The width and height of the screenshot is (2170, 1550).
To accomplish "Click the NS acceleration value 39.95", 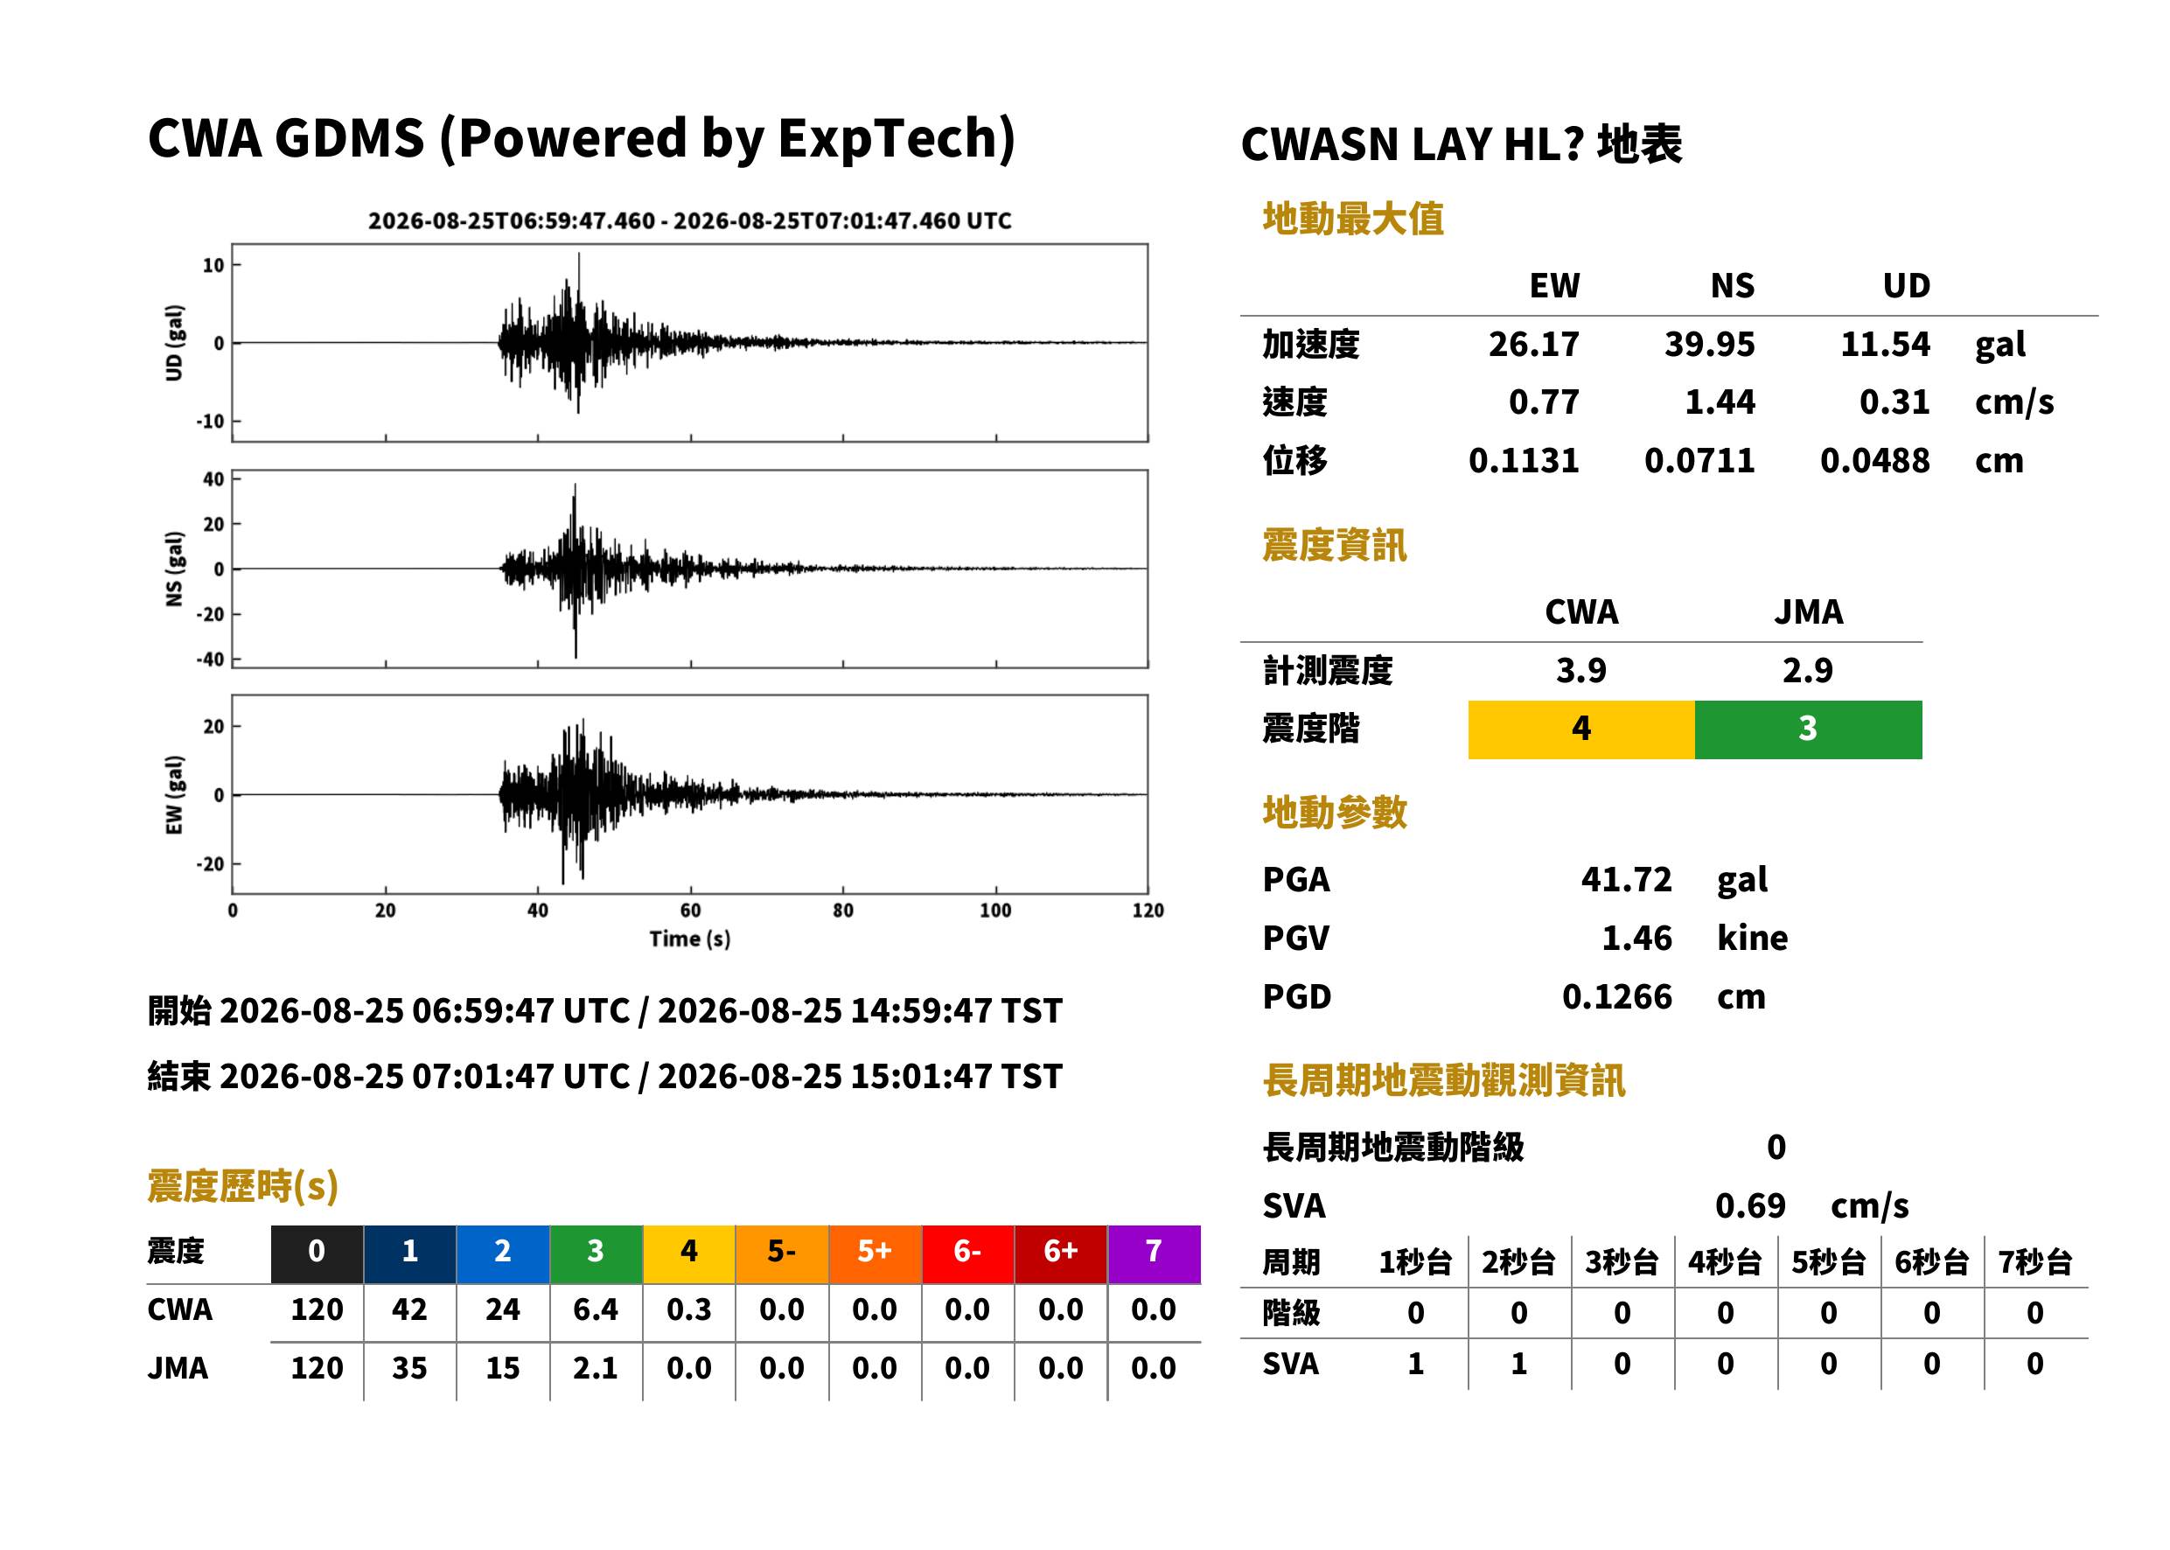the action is [1709, 345].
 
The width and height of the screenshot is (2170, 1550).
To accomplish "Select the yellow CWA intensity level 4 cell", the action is [1581, 730].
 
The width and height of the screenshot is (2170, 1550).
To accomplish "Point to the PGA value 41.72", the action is [1626, 879].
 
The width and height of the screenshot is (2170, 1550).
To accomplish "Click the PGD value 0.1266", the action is [1616, 996].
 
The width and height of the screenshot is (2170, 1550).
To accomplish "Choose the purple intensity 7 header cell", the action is [1154, 1253].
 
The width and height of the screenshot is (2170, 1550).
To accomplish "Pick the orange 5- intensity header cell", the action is [782, 1253].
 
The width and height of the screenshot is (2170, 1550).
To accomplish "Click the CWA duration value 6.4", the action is [596, 1309].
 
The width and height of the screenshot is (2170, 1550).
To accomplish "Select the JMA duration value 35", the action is [409, 1369].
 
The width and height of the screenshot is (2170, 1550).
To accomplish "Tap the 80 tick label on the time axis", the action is [842, 910].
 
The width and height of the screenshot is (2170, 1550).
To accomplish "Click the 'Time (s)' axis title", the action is [690, 939].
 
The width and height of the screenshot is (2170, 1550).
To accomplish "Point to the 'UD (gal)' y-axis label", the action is [174, 343].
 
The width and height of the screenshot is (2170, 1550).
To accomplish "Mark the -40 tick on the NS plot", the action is [211, 660].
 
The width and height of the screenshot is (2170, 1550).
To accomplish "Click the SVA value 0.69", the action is [1750, 1205].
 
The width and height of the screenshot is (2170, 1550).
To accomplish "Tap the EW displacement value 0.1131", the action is [1524, 461].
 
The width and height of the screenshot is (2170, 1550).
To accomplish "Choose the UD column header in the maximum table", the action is [1906, 285].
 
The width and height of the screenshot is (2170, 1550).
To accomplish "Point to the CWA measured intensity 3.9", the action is [1581, 670].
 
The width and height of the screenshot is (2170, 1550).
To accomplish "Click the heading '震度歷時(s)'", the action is [242, 1186].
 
